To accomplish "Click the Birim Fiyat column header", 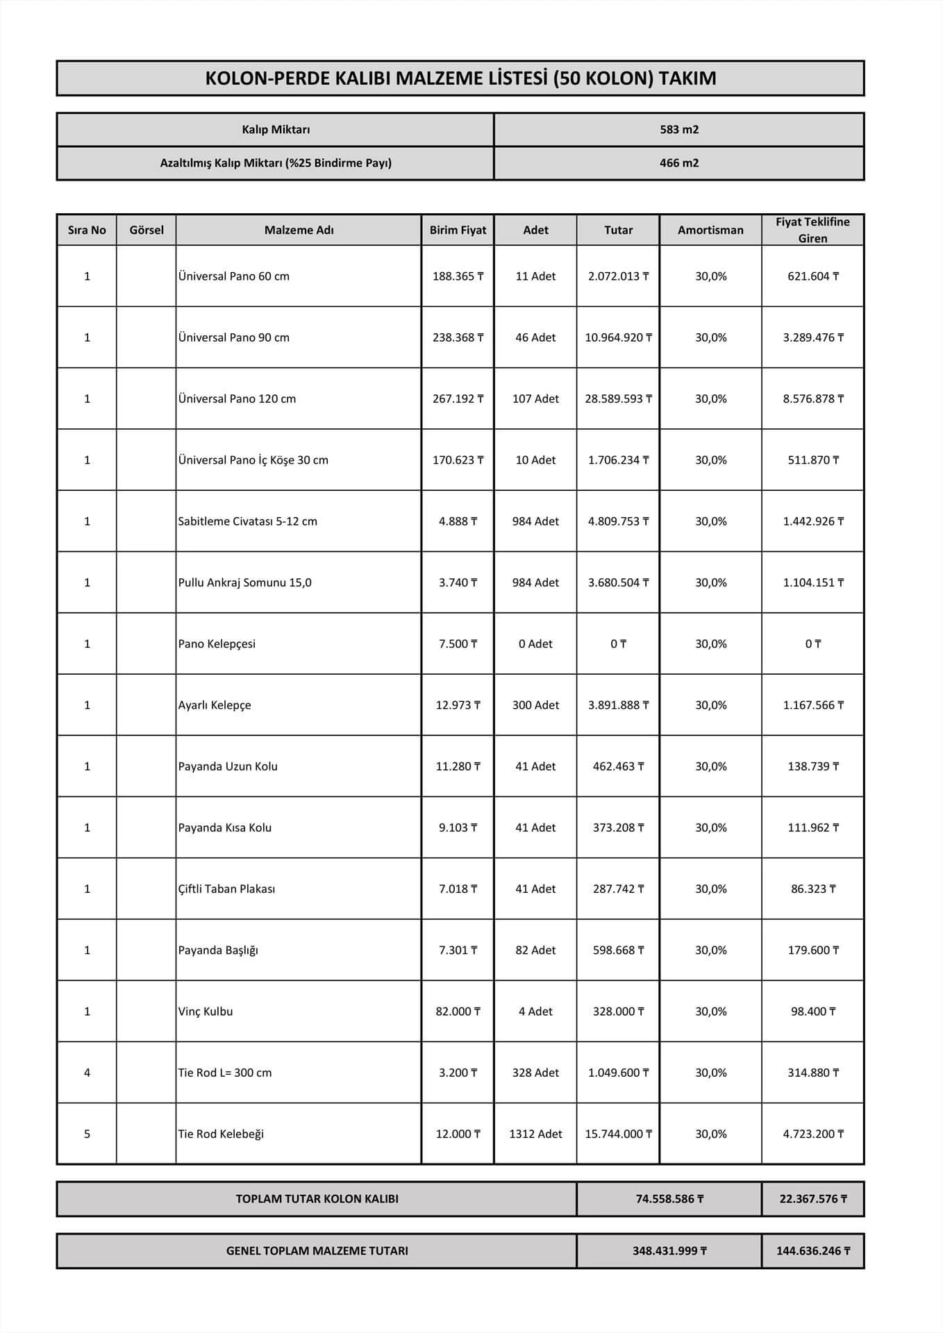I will tap(458, 230).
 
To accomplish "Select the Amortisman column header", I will tap(710, 230).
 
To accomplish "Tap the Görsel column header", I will tap(147, 230).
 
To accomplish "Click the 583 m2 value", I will tap(679, 129).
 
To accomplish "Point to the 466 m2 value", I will tap(679, 163).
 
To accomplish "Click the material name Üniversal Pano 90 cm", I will tap(234, 337).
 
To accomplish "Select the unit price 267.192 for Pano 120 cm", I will tap(458, 399).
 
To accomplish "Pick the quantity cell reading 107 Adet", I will tap(535, 399).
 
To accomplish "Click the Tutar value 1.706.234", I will tap(618, 460).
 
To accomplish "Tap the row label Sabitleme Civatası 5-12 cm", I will tap(248, 521).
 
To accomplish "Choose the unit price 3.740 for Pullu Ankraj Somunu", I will tap(458, 582).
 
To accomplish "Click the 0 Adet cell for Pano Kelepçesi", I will tap(535, 644).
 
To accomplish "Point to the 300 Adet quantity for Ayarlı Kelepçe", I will tap(535, 705).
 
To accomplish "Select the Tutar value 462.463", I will tap(618, 766).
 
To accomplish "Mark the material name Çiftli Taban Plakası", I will tap(227, 889).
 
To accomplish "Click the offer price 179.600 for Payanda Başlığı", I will tap(813, 950).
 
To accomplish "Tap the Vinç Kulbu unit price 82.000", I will tap(458, 1012).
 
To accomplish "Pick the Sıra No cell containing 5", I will tap(87, 1134).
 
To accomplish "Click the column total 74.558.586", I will tap(669, 1199).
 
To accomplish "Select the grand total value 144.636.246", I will tap(813, 1251).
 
